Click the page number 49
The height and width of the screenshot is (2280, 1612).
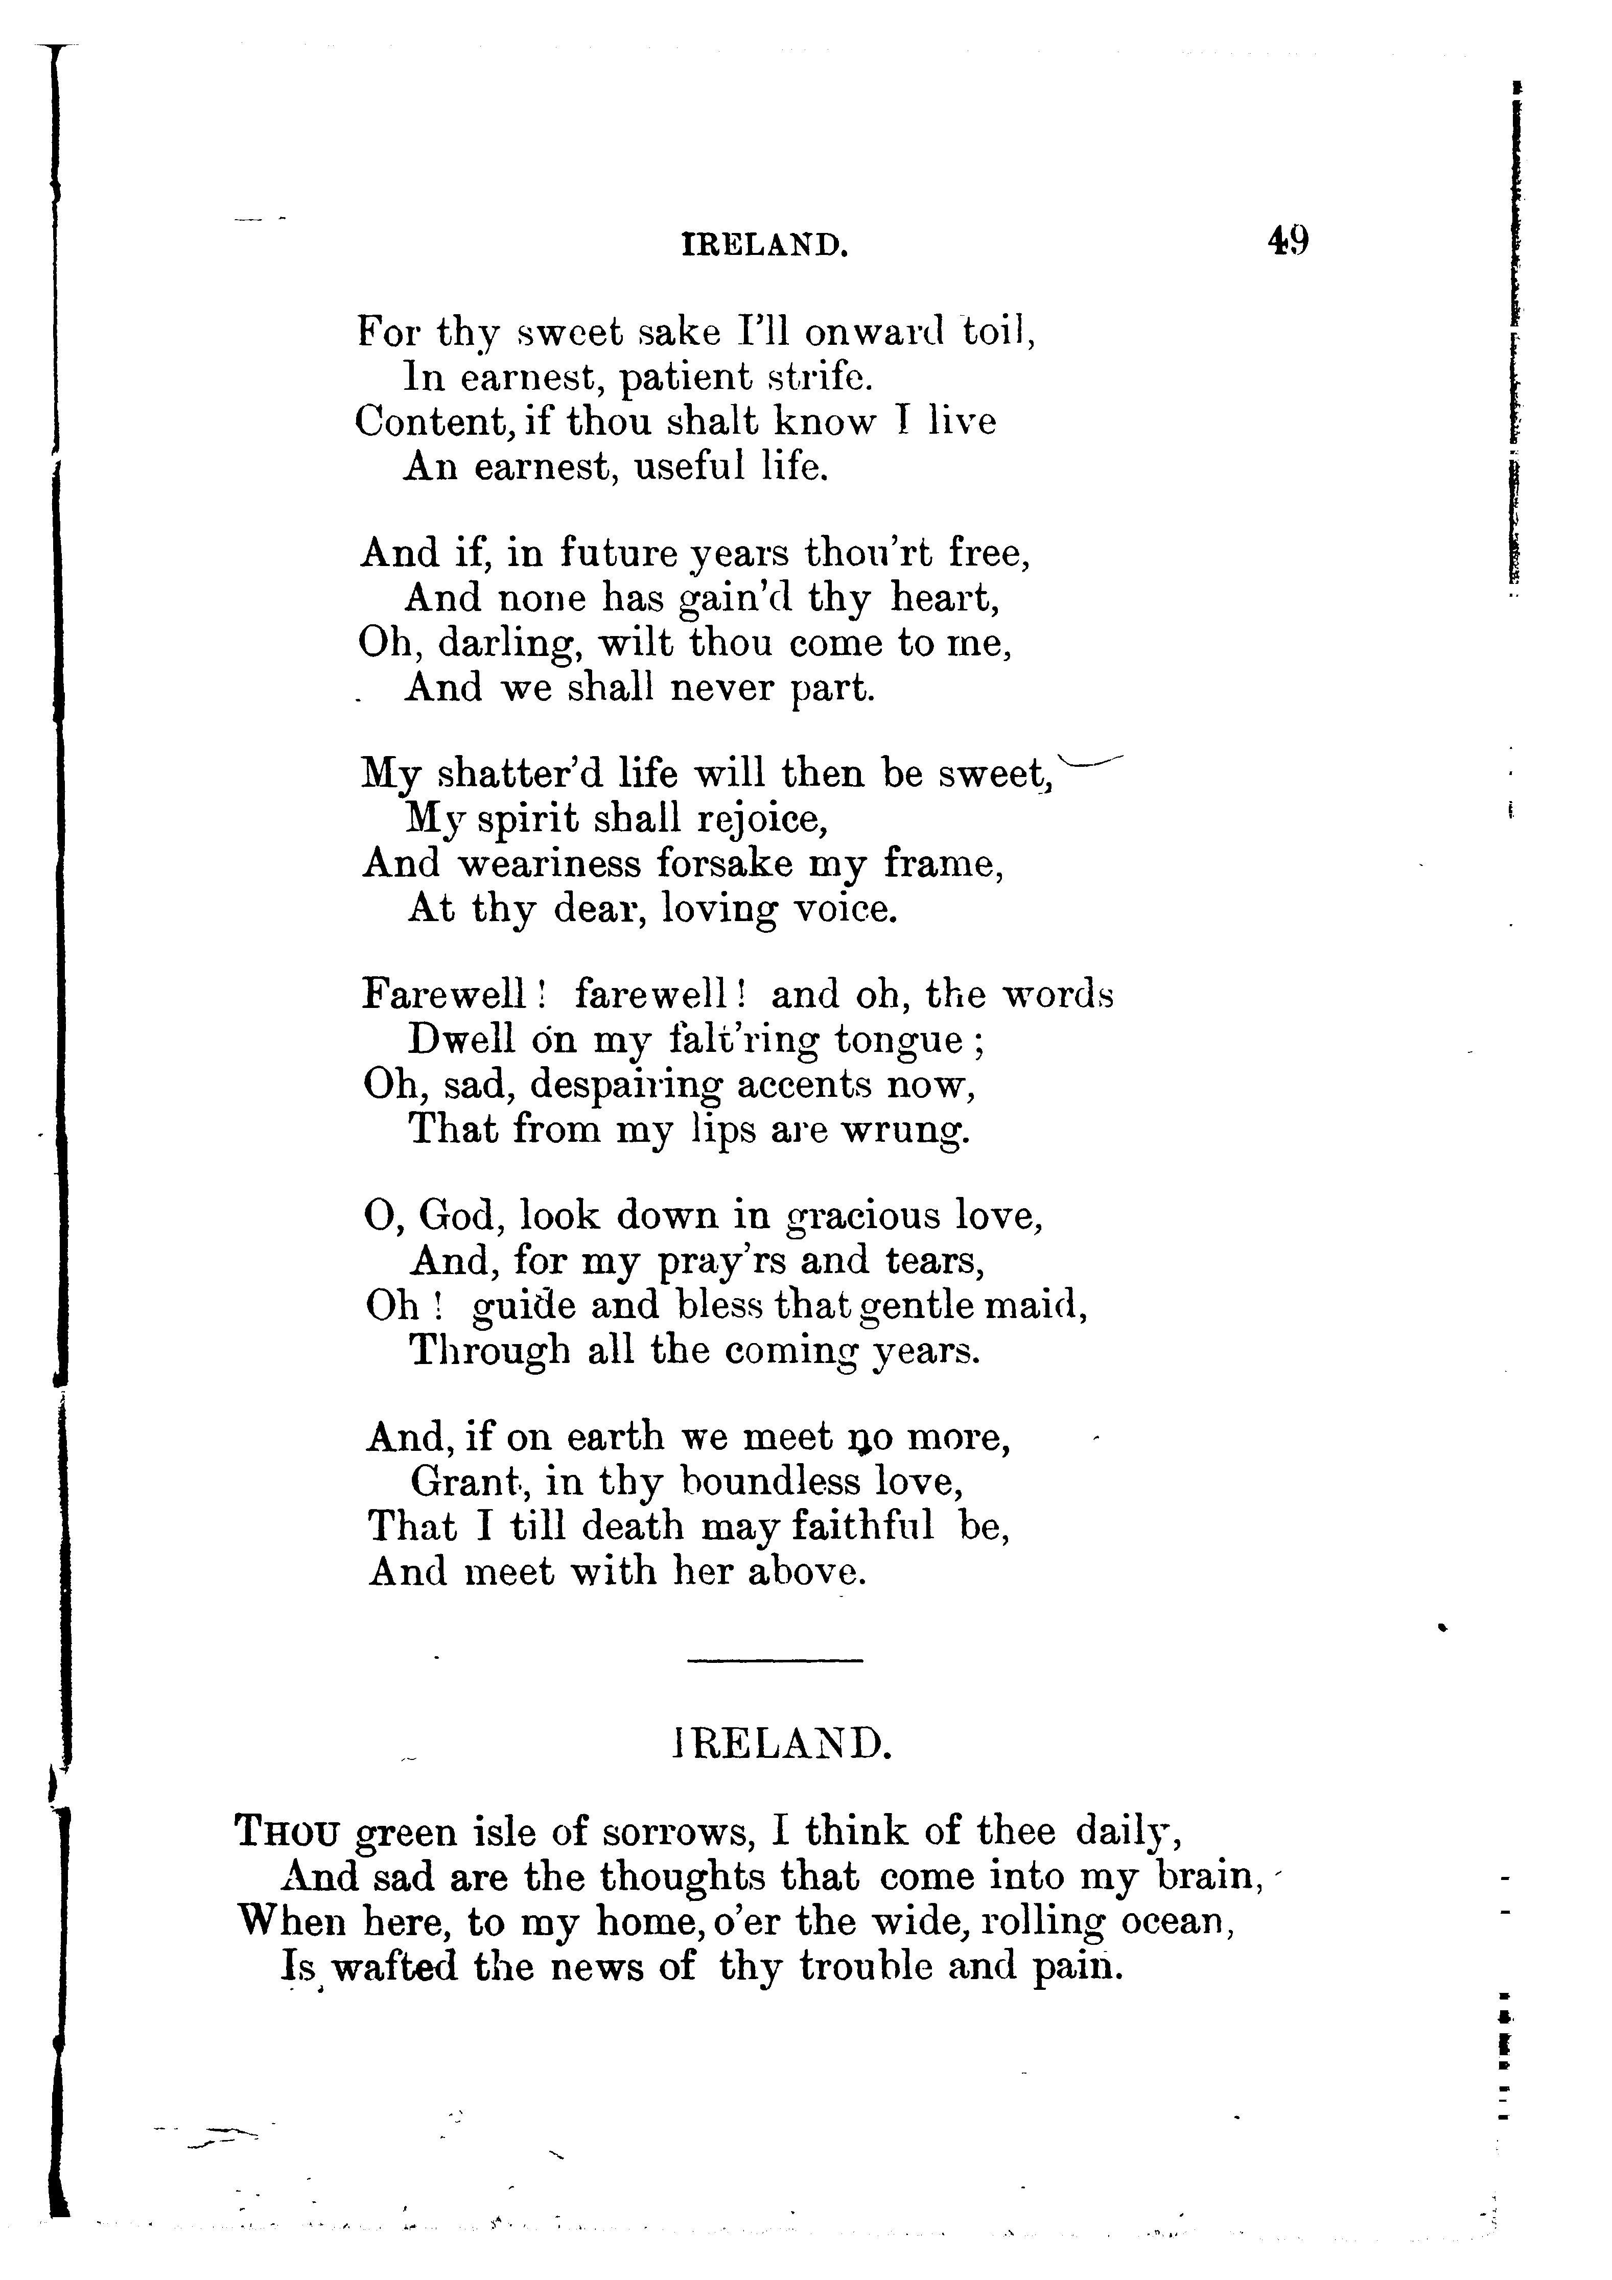coord(1288,241)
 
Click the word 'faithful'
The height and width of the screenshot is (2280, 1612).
coord(862,1526)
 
